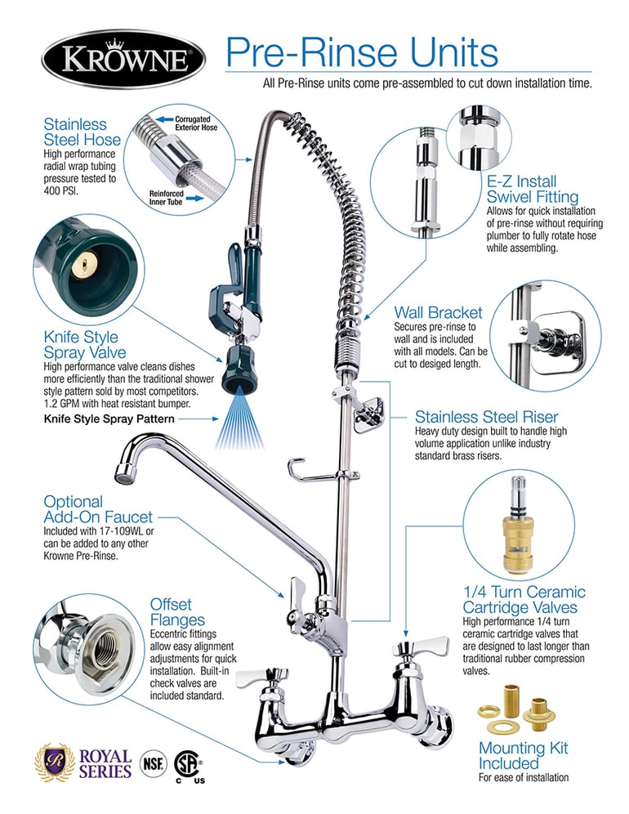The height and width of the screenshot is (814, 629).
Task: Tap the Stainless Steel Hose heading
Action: pyautogui.click(x=75, y=133)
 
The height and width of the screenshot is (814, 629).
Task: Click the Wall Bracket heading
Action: pyautogui.click(x=438, y=312)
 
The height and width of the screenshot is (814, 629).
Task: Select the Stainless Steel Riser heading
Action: pyautogui.click(x=498, y=417)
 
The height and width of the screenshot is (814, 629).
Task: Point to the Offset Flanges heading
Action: pyautogui.click(x=177, y=612)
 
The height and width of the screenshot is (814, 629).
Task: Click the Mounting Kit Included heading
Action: pyautogui.click(x=523, y=756)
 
